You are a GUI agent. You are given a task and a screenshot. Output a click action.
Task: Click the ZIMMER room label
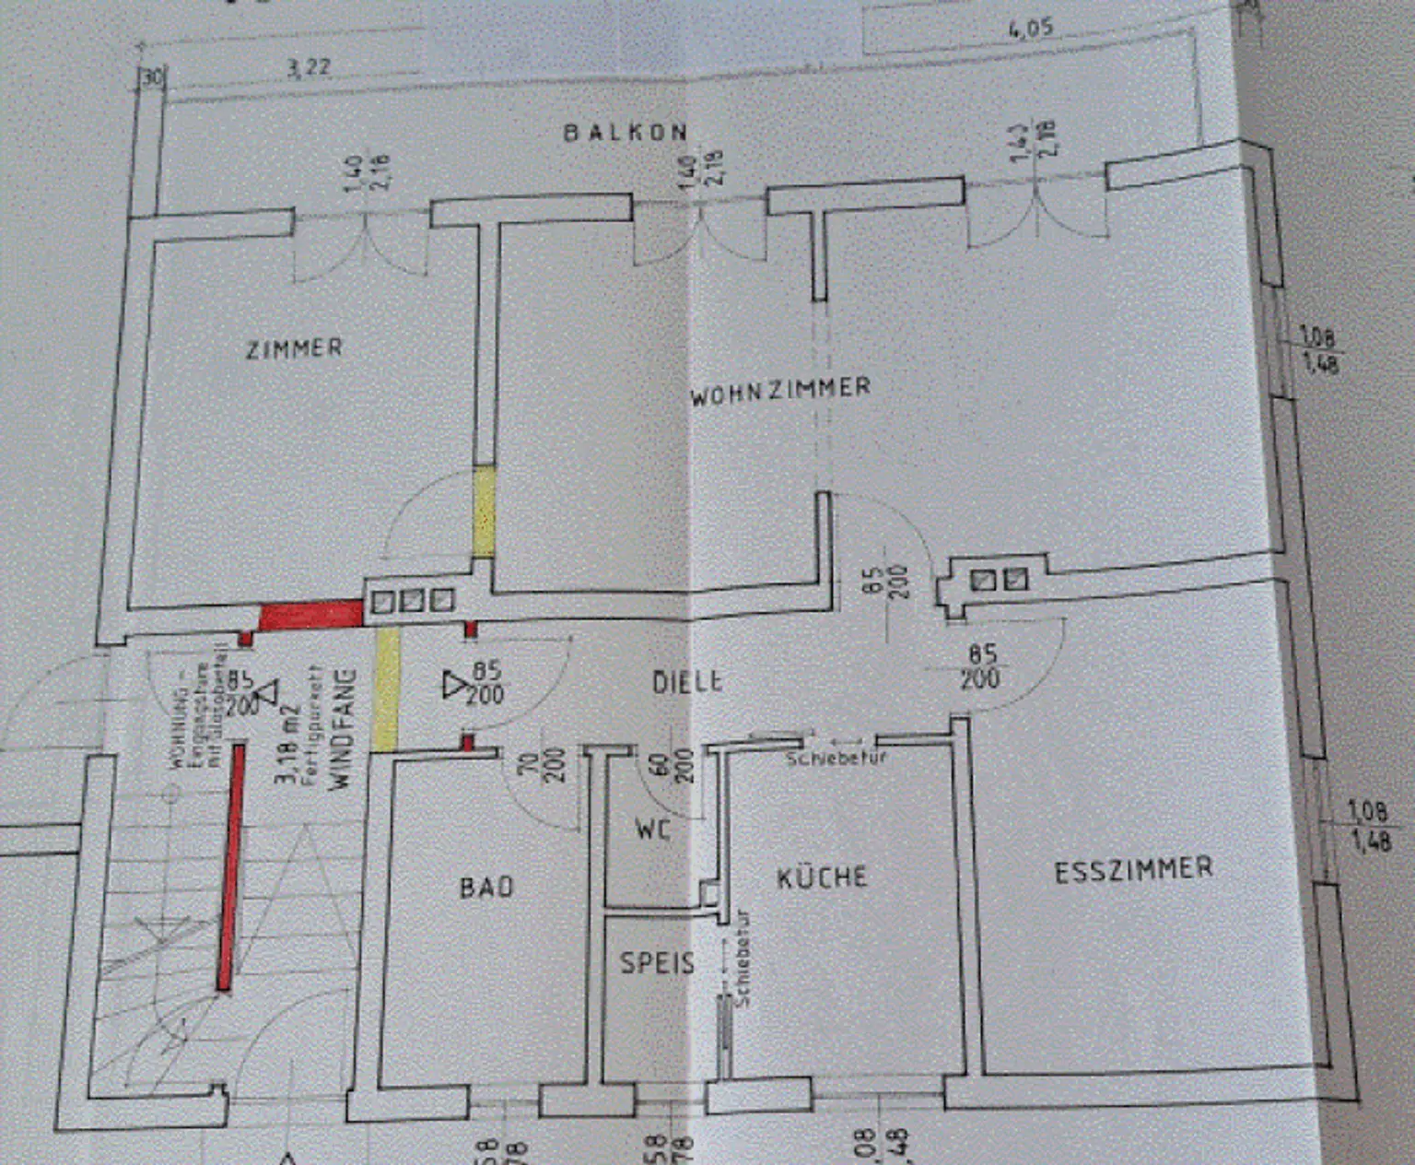pyautogui.click(x=294, y=348)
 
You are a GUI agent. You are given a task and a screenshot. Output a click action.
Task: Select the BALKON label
pyautogui.click(x=626, y=133)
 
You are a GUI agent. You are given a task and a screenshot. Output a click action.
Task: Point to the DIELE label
pyautogui.click(x=687, y=682)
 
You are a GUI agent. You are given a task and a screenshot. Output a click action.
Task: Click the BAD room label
pyautogui.click(x=486, y=887)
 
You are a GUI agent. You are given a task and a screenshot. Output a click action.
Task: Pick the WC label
pyautogui.click(x=653, y=830)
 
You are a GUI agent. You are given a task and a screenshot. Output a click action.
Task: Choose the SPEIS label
pyautogui.click(x=657, y=963)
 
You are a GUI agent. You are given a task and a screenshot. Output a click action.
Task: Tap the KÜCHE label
pyautogui.click(x=822, y=877)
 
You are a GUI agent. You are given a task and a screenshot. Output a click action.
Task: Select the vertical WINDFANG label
pyautogui.click(x=342, y=728)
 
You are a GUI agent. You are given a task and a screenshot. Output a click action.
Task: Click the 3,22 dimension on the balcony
pyautogui.click(x=309, y=68)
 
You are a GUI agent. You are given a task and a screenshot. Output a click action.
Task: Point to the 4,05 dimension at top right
pyautogui.click(x=1031, y=29)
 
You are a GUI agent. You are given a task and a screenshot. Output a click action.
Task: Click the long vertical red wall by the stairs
pyautogui.click(x=230, y=866)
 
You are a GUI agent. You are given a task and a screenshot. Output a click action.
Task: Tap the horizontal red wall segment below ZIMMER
pyautogui.click(x=310, y=615)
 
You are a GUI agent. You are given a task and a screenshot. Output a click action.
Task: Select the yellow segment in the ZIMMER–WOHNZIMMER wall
pyautogui.click(x=484, y=512)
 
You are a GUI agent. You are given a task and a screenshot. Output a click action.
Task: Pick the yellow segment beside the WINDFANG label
pyautogui.click(x=387, y=688)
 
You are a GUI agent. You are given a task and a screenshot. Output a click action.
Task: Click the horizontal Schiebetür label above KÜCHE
pyautogui.click(x=836, y=758)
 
